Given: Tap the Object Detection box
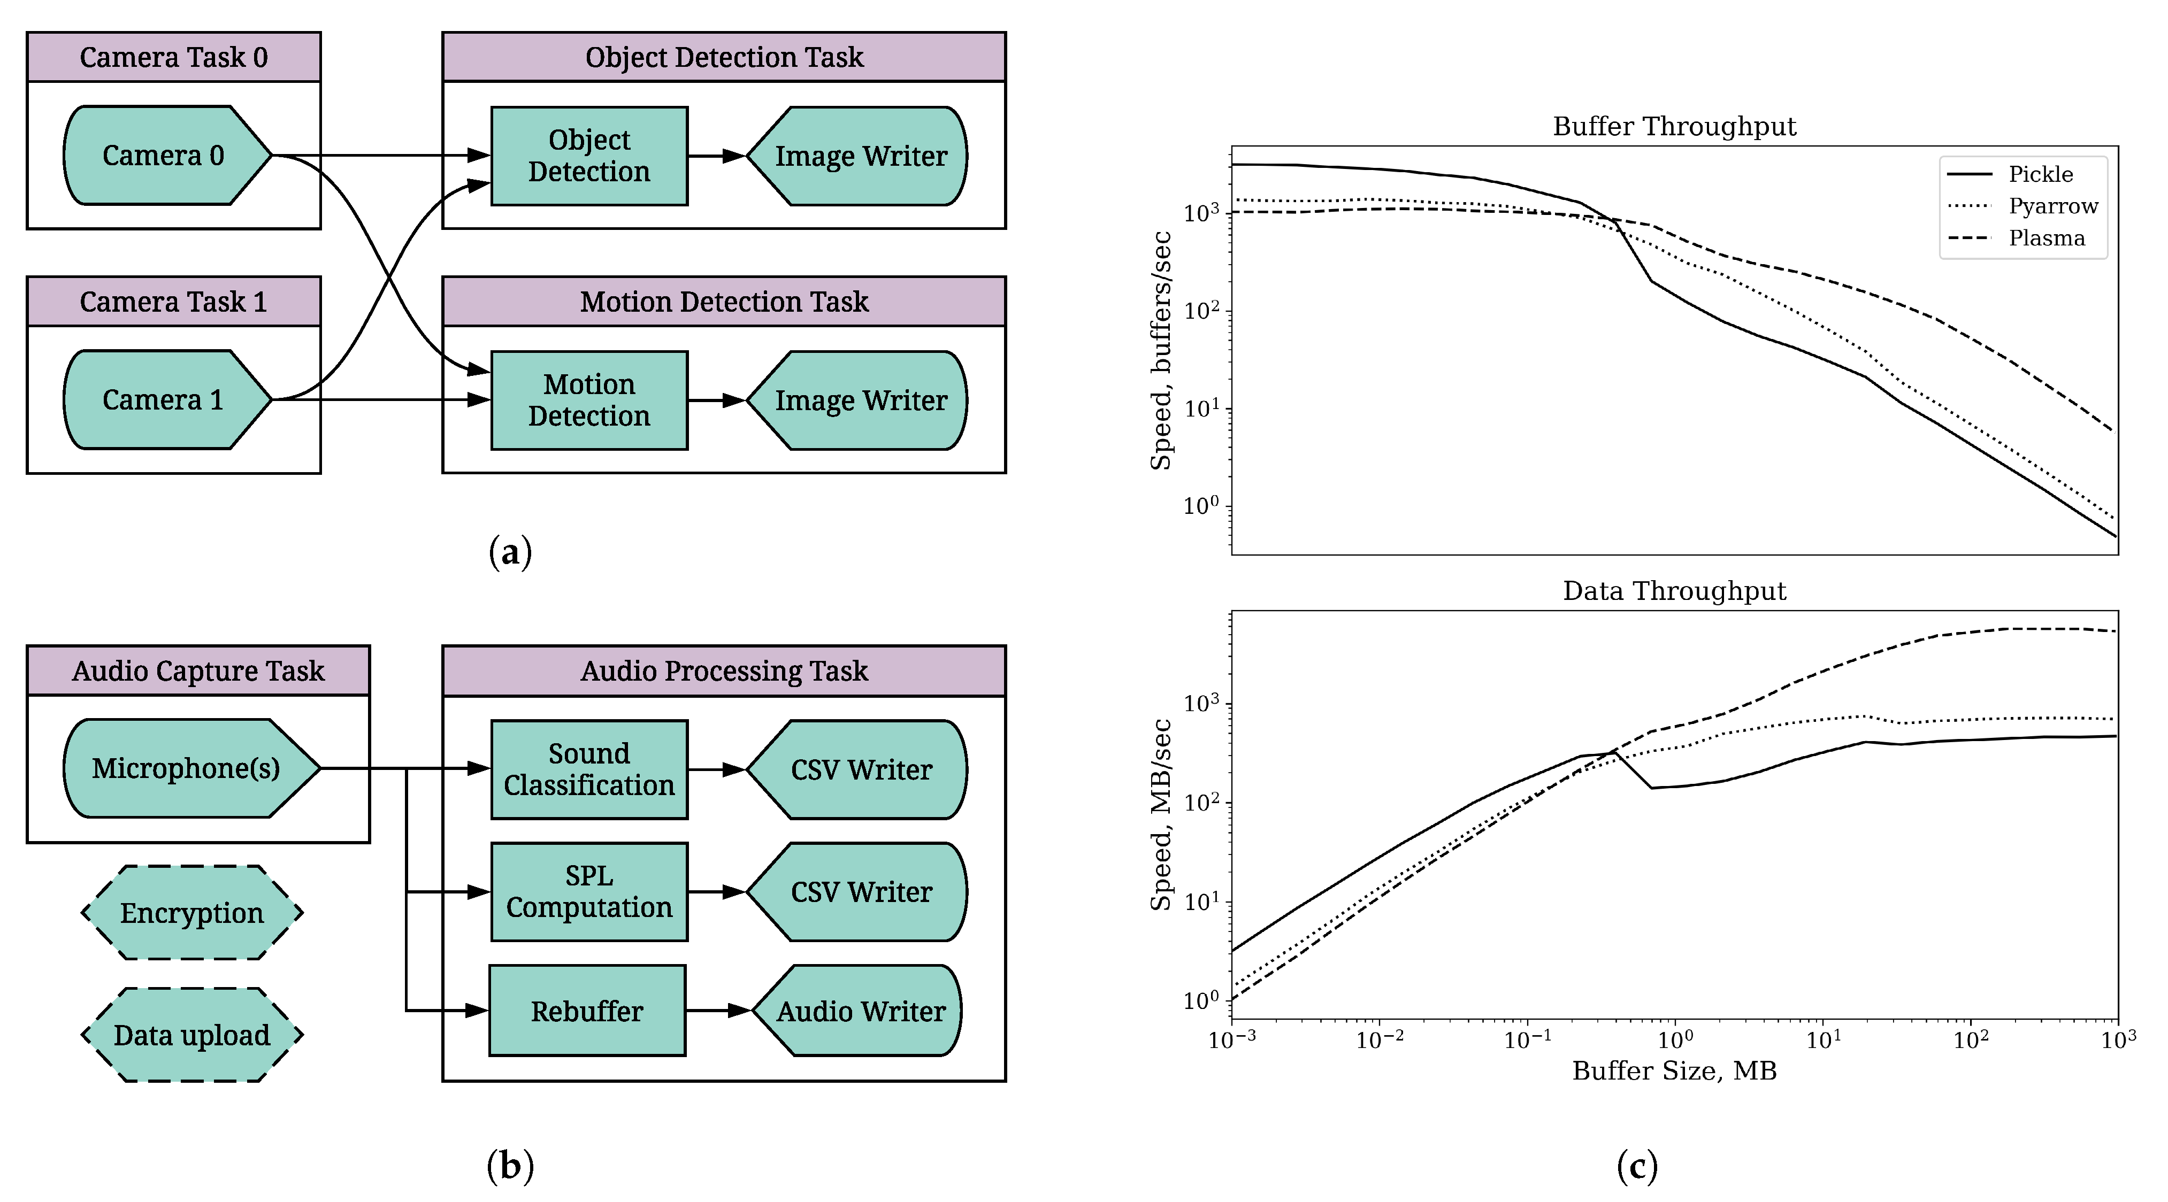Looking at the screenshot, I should (589, 156).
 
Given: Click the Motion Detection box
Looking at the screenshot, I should (589, 400).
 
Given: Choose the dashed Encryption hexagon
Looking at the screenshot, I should (192, 913).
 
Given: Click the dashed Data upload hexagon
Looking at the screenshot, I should (192, 1035).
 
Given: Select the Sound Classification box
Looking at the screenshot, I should (589, 769).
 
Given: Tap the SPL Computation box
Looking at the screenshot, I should (589, 892).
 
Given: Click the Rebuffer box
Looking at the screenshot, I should (587, 1010).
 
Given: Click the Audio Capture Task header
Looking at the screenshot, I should (198, 671).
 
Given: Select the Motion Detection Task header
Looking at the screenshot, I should (724, 301).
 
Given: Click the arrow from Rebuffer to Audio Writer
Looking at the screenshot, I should (717, 1010).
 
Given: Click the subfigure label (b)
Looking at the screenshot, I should (510, 1166).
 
